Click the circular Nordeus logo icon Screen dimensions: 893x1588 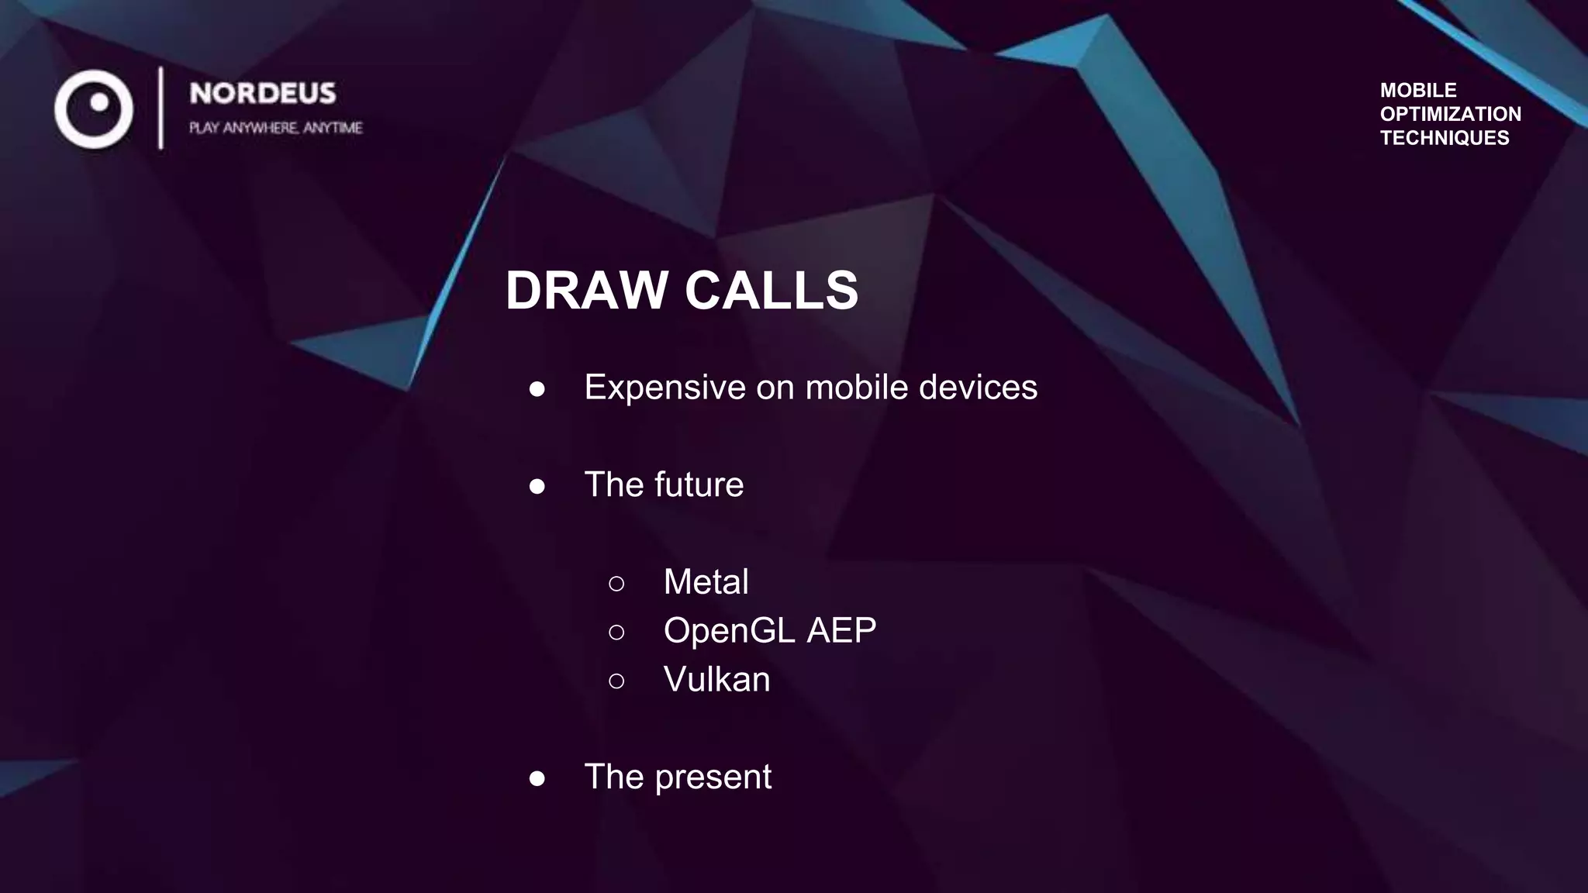tap(94, 109)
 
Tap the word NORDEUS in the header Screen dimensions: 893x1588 tap(263, 94)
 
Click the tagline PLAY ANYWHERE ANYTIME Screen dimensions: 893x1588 tap(275, 128)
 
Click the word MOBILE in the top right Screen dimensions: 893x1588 tap(1417, 90)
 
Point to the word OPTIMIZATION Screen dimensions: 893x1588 tap(1450, 114)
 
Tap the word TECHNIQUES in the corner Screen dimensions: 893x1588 tap(1444, 138)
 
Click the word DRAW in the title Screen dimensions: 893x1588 tap(586, 291)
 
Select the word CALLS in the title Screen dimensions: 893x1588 tap(771, 291)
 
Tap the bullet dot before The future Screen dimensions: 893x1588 tap(537, 486)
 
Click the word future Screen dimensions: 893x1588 tap(699, 484)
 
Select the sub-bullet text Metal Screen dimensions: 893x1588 tap(706, 582)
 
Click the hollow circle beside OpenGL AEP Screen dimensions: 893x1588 tap(616, 633)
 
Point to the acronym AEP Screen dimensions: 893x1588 tap(841, 630)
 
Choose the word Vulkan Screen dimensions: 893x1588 tap(716, 680)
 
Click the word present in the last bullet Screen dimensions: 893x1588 tap(713, 777)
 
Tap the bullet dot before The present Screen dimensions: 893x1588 tap(537, 778)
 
